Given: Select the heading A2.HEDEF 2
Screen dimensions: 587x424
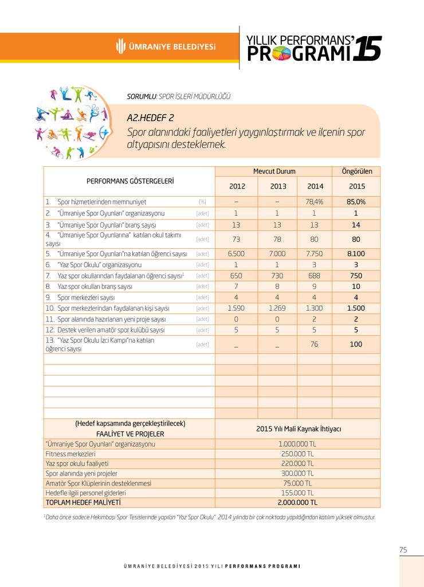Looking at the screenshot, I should pyautogui.click(x=150, y=118).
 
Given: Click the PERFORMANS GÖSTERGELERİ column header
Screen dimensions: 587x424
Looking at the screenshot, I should pyautogui.click(x=130, y=181).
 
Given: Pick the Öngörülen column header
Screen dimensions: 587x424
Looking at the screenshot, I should pyautogui.click(x=356, y=171).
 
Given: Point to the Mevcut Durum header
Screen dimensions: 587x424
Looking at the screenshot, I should pyautogui.click(x=274, y=171).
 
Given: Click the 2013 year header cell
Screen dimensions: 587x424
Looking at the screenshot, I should pyautogui.click(x=277, y=186).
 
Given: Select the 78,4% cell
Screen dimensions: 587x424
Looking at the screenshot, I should pyautogui.click(x=315, y=202).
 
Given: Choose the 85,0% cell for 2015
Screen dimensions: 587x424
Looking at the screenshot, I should pyautogui.click(x=356, y=202).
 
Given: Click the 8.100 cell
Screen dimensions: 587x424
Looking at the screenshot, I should pyautogui.click(x=356, y=253).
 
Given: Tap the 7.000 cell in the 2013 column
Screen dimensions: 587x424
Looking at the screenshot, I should pyautogui.click(x=277, y=253).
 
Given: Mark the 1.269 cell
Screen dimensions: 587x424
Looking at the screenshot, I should pyautogui.click(x=277, y=308).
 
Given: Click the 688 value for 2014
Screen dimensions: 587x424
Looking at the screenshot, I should pyautogui.click(x=315, y=275).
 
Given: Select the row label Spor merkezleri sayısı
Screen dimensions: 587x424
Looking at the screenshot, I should pyautogui.click(x=86, y=298).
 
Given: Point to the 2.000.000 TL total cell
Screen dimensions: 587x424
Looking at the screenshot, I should pyautogui.click(x=297, y=503).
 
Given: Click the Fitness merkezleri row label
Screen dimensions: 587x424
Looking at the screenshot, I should pyautogui.click(x=70, y=453).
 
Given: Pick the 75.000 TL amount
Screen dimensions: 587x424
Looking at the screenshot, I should pyautogui.click(x=297, y=483).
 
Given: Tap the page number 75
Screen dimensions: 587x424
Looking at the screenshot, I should pyautogui.click(x=403, y=550).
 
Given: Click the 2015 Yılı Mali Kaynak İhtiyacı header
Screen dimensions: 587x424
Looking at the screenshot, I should pyautogui.click(x=298, y=429).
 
